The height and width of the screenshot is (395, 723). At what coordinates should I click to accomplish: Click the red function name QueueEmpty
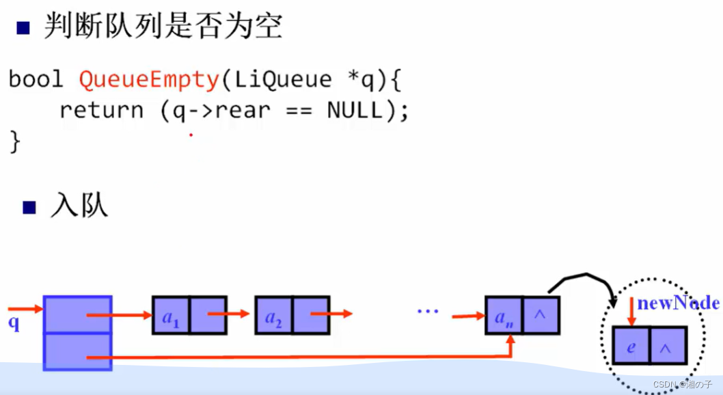pyautogui.click(x=148, y=80)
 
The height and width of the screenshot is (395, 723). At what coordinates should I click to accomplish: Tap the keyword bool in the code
pyautogui.click(x=36, y=80)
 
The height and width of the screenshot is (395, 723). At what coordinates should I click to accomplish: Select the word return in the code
pyautogui.click(x=101, y=111)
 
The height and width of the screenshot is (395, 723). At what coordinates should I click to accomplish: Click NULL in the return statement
pyautogui.click(x=355, y=111)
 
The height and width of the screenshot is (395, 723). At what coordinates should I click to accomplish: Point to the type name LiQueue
pyautogui.click(x=283, y=80)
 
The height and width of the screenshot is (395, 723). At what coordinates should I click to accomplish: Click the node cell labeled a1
pyautogui.click(x=170, y=315)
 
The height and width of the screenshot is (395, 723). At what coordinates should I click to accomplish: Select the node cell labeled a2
pyautogui.click(x=273, y=315)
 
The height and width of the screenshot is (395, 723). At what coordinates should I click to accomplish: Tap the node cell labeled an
pyautogui.click(x=504, y=315)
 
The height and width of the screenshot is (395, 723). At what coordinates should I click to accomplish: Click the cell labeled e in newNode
pyautogui.click(x=631, y=346)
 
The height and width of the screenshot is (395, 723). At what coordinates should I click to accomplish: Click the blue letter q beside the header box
pyautogui.click(x=14, y=323)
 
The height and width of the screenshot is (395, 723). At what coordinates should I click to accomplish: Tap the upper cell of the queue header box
pyautogui.click(x=77, y=314)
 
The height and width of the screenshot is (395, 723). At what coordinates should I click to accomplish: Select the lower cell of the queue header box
pyautogui.click(x=77, y=351)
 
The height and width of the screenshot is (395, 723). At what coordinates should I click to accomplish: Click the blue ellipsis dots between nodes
pyautogui.click(x=427, y=312)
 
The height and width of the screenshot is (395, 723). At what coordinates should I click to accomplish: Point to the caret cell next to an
pyautogui.click(x=541, y=315)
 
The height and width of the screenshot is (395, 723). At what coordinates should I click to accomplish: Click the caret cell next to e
pyautogui.click(x=668, y=346)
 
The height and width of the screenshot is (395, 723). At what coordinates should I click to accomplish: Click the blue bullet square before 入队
pyautogui.click(x=29, y=208)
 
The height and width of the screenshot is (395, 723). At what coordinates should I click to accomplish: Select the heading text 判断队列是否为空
pyautogui.click(x=163, y=27)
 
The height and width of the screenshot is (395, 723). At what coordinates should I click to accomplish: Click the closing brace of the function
pyautogui.click(x=15, y=142)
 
